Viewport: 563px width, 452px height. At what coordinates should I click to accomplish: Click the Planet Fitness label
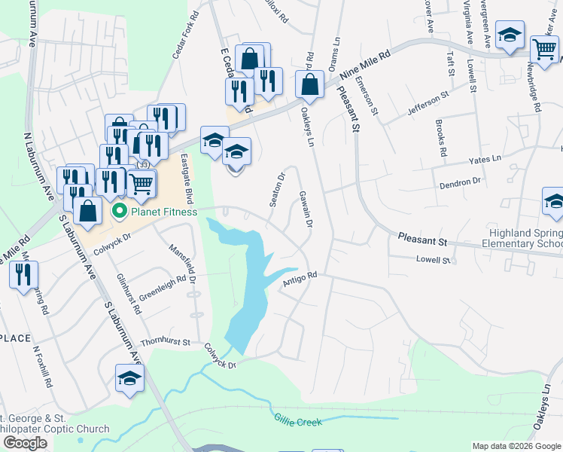(x=164, y=212)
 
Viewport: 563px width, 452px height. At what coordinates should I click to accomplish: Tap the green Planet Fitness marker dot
(x=119, y=212)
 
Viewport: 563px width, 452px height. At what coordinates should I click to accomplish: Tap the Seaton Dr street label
(x=278, y=190)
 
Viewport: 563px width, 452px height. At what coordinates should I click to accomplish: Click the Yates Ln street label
(x=485, y=159)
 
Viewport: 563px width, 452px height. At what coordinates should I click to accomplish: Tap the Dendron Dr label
(x=461, y=182)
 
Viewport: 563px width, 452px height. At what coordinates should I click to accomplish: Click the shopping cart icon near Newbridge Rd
(x=544, y=48)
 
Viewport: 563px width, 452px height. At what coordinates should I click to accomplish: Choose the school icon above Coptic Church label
(x=129, y=378)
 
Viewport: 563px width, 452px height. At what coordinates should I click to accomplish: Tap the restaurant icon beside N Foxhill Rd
(x=23, y=275)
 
